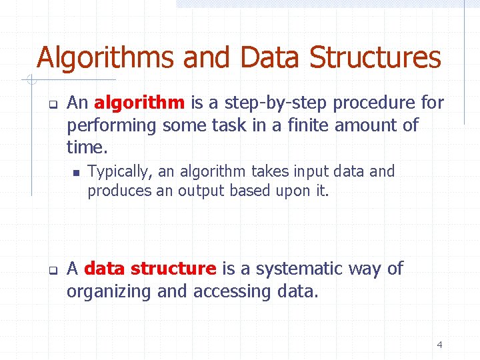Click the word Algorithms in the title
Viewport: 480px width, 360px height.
tap(105, 57)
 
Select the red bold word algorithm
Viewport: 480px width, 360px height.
tap(139, 103)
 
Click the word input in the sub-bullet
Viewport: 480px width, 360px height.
tap(299, 171)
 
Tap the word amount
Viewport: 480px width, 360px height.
tap(364, 125)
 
